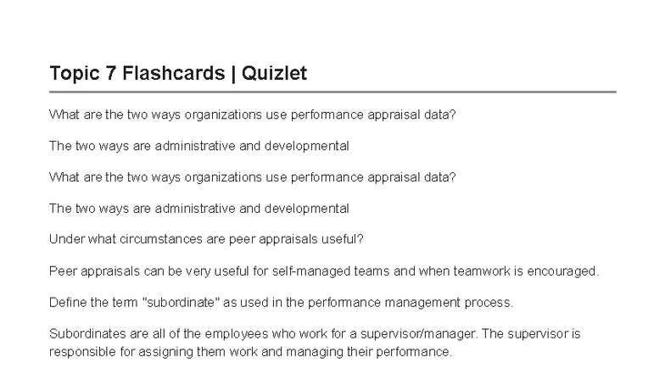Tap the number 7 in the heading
pyautogui.click(x=110, y=73)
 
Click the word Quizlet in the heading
pyautogui.click(x=274, y=73)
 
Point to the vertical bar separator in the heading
pyautogui.click(x=233, y=73)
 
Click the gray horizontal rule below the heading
pyautogui.click(x=332, y=92)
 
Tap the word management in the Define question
pyautogui.click(x=422, y=302)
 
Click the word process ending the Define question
pyautogui.click(x=489, y=302)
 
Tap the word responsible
pyautogui.click(x=83, y=351)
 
